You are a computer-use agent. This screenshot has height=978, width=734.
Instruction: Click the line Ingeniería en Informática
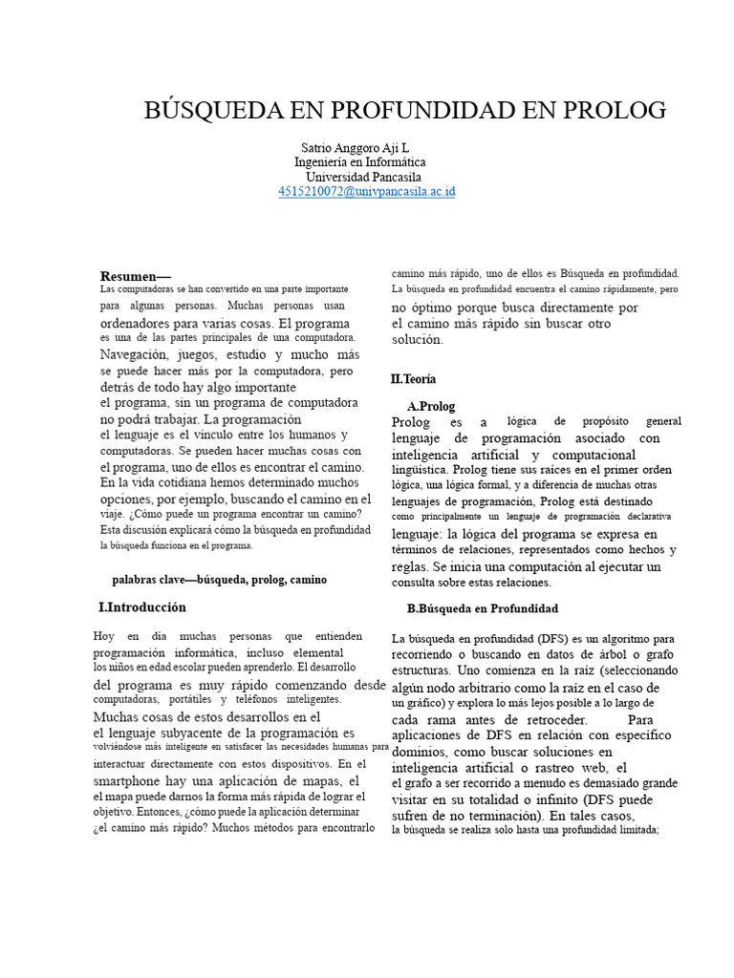[x=360, y=162]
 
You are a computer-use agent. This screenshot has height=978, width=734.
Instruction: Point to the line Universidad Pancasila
[x=362, y=177]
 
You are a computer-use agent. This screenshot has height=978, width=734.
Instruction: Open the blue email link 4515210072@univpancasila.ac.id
[x=367, y=192]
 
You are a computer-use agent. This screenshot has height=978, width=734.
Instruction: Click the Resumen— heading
[x=135, y=275]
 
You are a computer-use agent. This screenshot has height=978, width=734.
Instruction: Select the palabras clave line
[x=219, y=579]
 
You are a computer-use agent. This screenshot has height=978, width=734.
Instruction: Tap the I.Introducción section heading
[x=142, y=607]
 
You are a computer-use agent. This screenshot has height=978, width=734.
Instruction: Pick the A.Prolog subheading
[x=431, y=406]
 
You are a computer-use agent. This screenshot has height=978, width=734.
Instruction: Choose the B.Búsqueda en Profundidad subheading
[x=483, y=608]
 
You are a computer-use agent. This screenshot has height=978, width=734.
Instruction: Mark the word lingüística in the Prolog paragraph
[x=420, y=470]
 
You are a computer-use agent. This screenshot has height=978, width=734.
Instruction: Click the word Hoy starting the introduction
[x=104, y=636]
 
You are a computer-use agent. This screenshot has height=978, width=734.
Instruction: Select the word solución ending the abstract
[x=418, y=339]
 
